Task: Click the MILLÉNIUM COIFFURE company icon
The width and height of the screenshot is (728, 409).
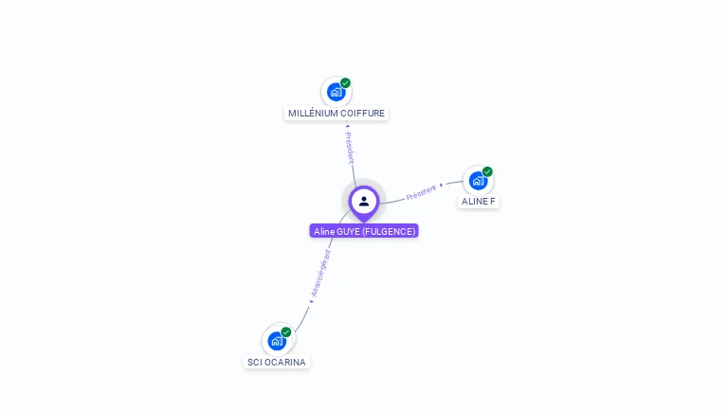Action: (336, 92)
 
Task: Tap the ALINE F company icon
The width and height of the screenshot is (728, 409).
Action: (478, 180)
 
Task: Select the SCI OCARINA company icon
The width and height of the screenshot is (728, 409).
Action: (277, 340)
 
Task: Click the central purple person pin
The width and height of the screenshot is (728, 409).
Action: (364, 202)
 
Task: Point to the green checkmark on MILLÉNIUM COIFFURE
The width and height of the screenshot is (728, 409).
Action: (346, 82)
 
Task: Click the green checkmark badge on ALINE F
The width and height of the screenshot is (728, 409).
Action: (487, 171)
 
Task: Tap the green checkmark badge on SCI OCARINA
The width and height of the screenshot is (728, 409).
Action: (286, 331)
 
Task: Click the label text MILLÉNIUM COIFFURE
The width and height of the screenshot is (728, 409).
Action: (337, 114)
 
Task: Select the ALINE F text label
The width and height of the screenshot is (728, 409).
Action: (479, 202)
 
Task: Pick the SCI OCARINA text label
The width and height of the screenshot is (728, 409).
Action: (277, 362)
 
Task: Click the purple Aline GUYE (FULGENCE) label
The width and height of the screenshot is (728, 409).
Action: (364, 231)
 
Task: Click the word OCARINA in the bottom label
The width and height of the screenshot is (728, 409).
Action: (285, 362)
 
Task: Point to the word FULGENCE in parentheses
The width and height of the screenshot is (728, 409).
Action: (389, 231)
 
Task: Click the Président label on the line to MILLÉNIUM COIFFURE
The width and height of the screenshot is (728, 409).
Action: (349, 147)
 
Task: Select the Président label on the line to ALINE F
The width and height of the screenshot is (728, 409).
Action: (422, 192)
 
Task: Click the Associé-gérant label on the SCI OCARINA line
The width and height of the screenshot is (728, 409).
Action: (320, 275)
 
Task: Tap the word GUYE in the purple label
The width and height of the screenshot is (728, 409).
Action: (348, 231)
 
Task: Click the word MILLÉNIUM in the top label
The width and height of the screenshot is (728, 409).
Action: (313, 114)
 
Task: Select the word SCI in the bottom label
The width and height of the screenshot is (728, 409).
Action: (254, 362)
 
